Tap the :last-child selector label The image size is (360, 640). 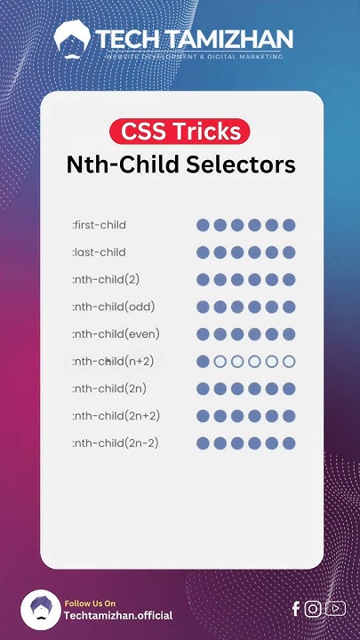[99, 252]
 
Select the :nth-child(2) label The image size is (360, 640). [106, 280]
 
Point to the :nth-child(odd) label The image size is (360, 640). [111, 308]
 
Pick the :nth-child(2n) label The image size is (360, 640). [109, 388]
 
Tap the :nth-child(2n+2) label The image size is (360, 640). [116, 416]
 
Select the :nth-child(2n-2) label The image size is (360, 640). [116, 443]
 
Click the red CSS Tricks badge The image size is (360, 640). [180, 132]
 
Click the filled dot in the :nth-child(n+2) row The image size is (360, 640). [203, 362]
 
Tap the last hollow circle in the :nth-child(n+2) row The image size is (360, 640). [289, 362]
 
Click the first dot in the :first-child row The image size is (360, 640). [203, 225]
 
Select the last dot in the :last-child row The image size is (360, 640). [289, 252]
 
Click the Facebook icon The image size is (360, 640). [296, 609]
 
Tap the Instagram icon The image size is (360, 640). [313, 609]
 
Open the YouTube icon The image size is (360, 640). [335, 609]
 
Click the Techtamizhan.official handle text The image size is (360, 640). [118, 615]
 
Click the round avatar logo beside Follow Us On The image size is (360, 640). [40, 610]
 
